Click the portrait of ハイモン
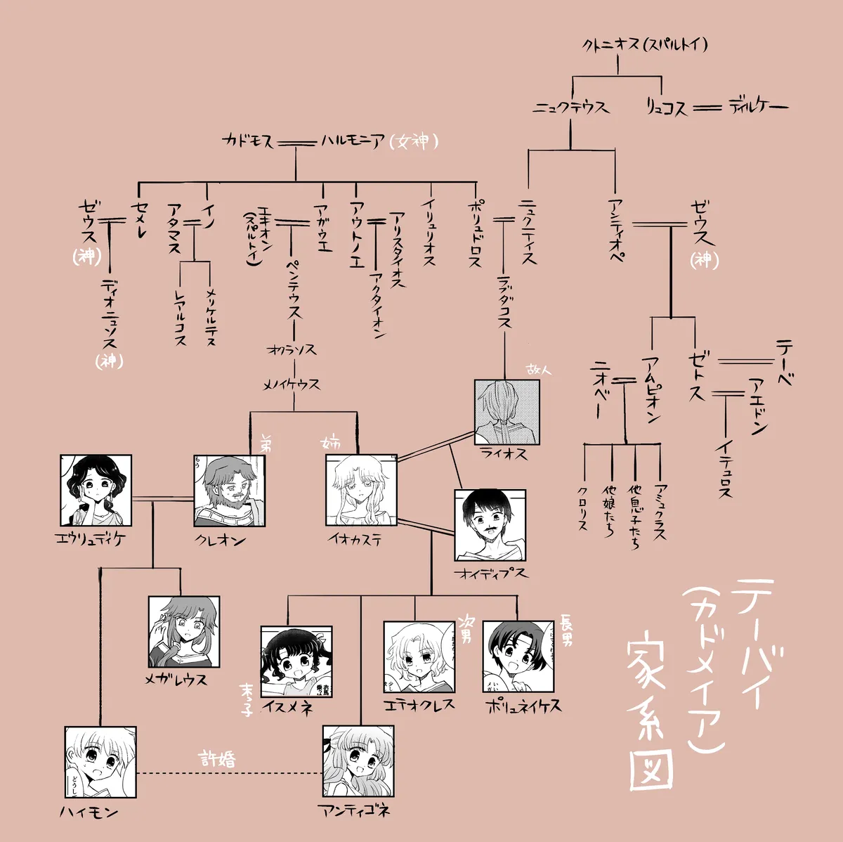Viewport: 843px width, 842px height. tap(100, 762)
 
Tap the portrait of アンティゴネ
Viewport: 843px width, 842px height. tap(358, 761)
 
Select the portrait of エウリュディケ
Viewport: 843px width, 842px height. tap(96, 491)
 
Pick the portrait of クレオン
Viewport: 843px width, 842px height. tap(230, 491)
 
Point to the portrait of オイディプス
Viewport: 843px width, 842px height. tap(490, 525)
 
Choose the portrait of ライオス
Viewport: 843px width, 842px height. tap(507, 412)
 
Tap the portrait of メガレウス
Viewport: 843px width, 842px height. tap(184, 632)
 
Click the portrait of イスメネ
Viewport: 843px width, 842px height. tap(296, 661)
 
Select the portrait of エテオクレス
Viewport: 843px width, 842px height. tap(419, 656)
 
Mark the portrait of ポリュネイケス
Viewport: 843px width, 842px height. tap(518, 656)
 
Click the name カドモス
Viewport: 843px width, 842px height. tap(248, 141)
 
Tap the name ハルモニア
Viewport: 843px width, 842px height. tap(353, 141)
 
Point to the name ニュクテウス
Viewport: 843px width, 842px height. tap(570, 108)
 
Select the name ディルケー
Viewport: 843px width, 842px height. tap(758, 107)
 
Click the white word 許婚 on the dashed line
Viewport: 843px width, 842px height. tap(218, 759)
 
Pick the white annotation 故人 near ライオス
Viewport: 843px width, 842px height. tap(540, 368)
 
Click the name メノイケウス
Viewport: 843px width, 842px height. tap(292, 384)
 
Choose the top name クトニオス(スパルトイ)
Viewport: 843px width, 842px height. tap(644, 45)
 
